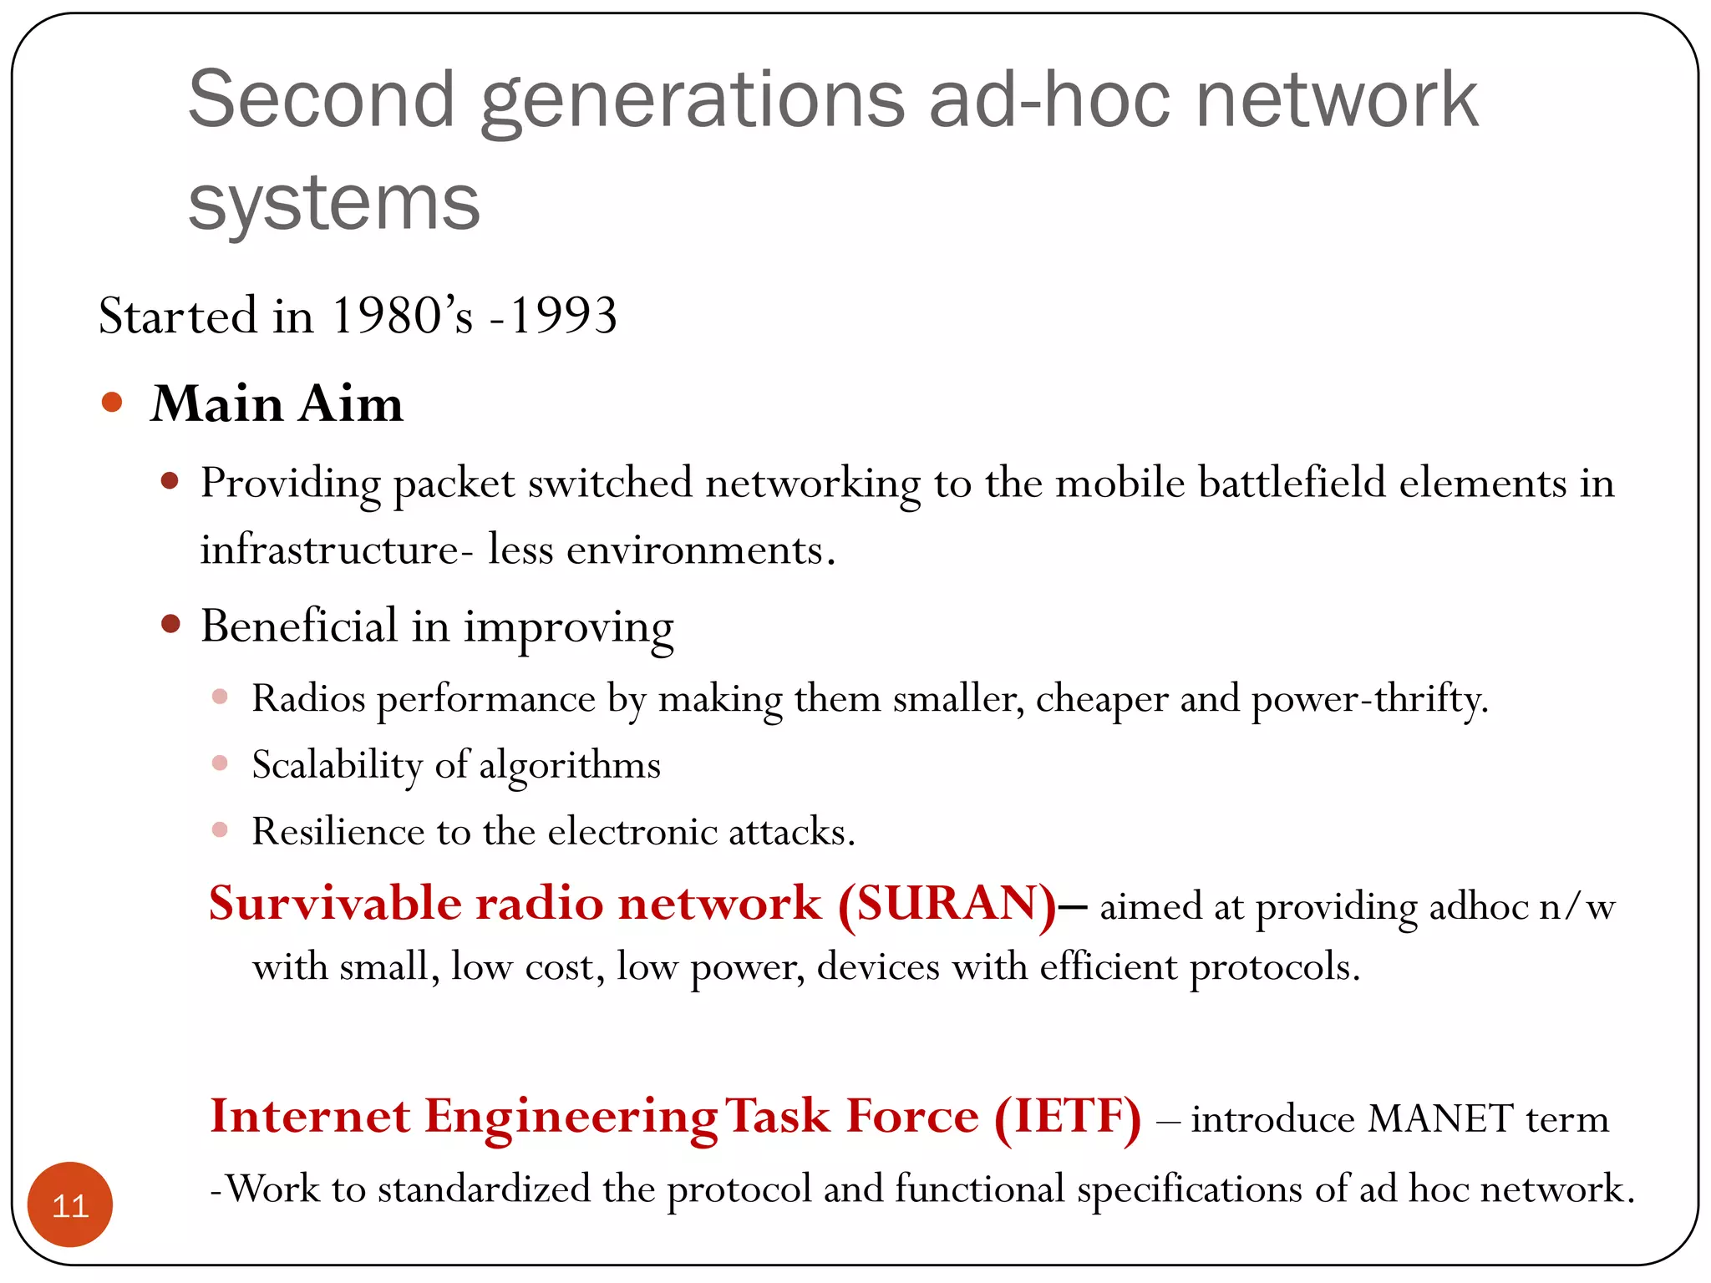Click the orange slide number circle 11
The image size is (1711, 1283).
coord(70,1204)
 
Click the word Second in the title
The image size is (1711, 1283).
coord(322,100)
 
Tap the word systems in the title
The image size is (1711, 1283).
coord(334,202)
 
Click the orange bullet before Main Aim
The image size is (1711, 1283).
coord(112,403)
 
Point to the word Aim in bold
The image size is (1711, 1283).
coord(351,404)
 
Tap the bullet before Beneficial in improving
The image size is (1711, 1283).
coord(170,624)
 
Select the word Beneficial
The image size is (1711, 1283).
coord(299,626)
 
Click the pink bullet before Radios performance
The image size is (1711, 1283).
coord(220,697)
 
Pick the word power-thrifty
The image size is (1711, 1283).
coord(1370,698)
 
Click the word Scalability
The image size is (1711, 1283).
coord(338,765)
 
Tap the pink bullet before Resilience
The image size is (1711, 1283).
coord(220,829)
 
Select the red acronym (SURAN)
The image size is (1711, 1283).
coord(947,904)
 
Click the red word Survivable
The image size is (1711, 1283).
coord(335,904)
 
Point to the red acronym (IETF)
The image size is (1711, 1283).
coord(1068,1117)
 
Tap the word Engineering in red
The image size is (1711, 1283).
coord(571,1117)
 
